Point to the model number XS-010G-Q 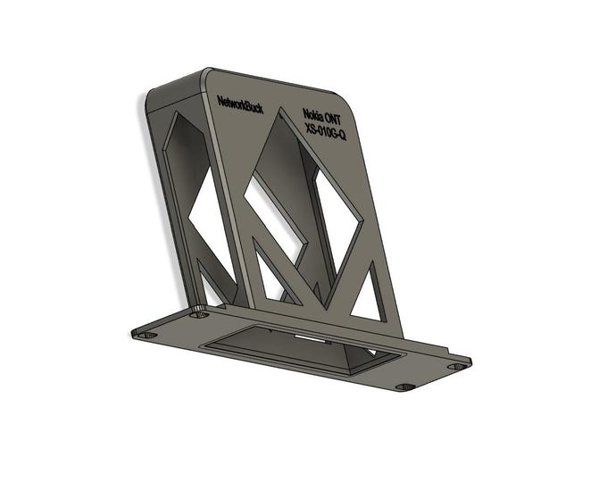pyautogui.click(x=325, y=132)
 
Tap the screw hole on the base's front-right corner pyautogui.click(x=403, y=387)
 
